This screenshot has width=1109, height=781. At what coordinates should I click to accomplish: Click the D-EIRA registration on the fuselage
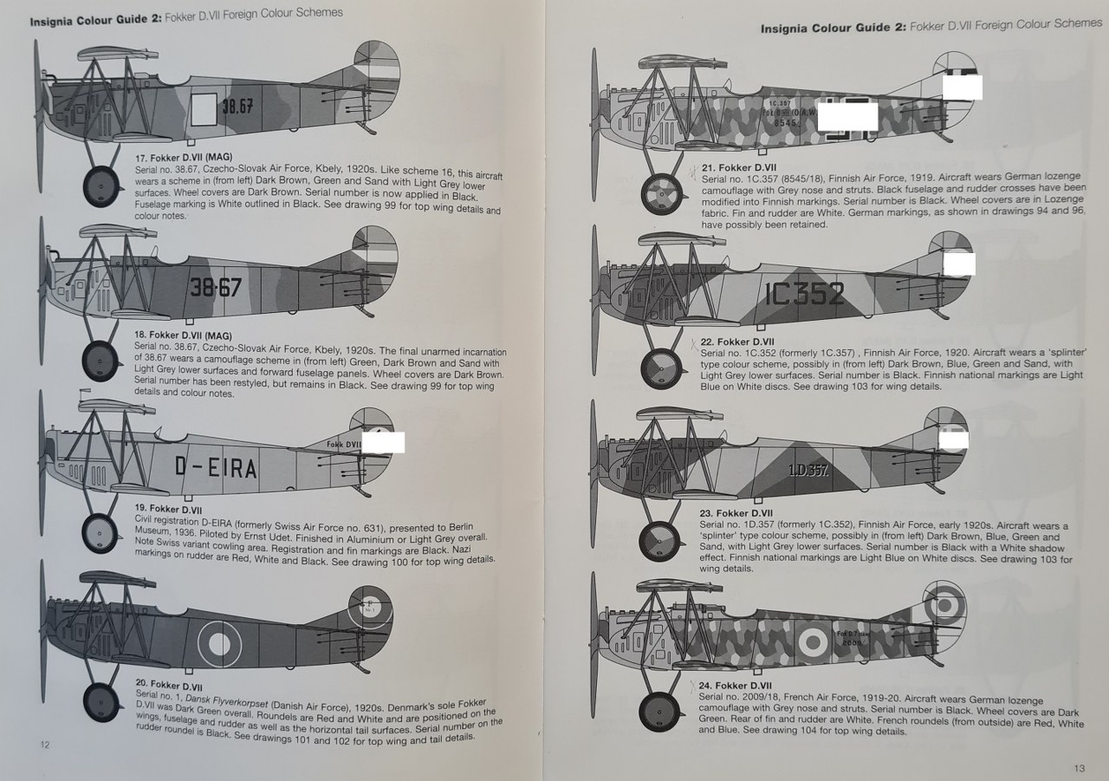click(x=216, y=468)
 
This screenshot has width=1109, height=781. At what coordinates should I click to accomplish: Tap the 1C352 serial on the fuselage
click(x=803, y=294)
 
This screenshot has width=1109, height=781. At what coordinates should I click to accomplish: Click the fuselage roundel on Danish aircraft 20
click(x=218, y=642)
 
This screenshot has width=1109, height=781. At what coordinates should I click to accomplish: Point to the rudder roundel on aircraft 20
click(x=369, y=608)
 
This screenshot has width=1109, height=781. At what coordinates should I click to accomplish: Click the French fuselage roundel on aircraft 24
click(x=813, y=642)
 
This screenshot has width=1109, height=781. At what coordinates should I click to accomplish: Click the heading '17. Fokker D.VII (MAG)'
click(x=180, y=158)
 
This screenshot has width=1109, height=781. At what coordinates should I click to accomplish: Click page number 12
click(x=45, y=744)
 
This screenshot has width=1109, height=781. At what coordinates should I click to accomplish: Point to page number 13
click(x=1079, y=767)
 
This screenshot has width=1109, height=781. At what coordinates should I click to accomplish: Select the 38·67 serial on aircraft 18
click(x=216, y=288)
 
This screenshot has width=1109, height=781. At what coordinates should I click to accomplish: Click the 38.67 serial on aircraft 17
click(x=237, y=107)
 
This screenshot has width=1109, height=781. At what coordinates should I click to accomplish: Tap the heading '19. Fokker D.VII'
click(x=168, y=508)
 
